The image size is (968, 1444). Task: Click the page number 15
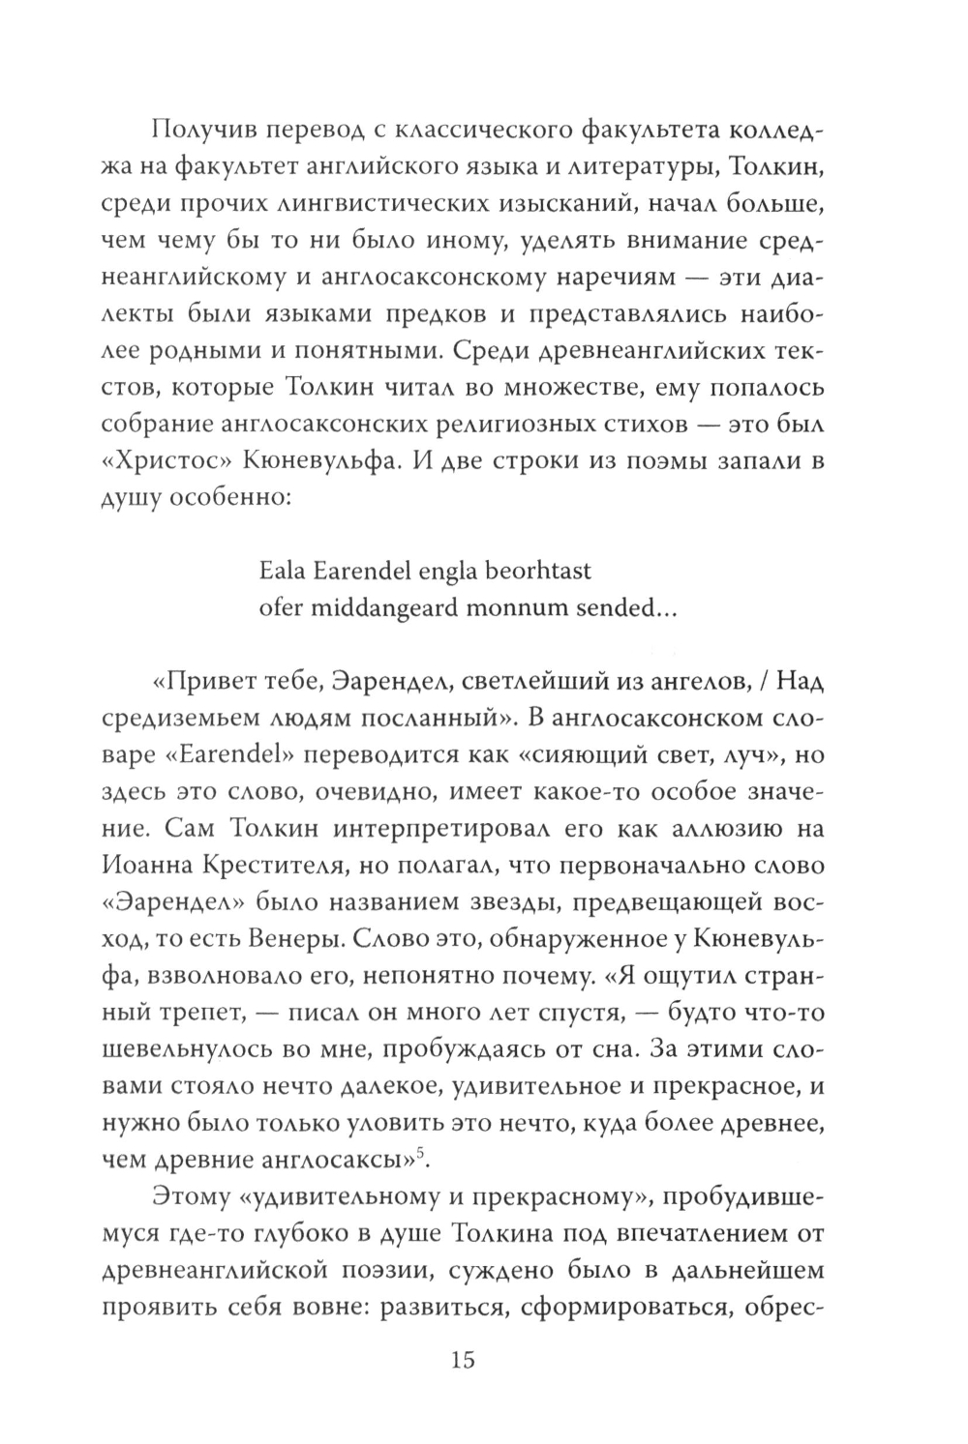462,1361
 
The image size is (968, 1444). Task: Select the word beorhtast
536,571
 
